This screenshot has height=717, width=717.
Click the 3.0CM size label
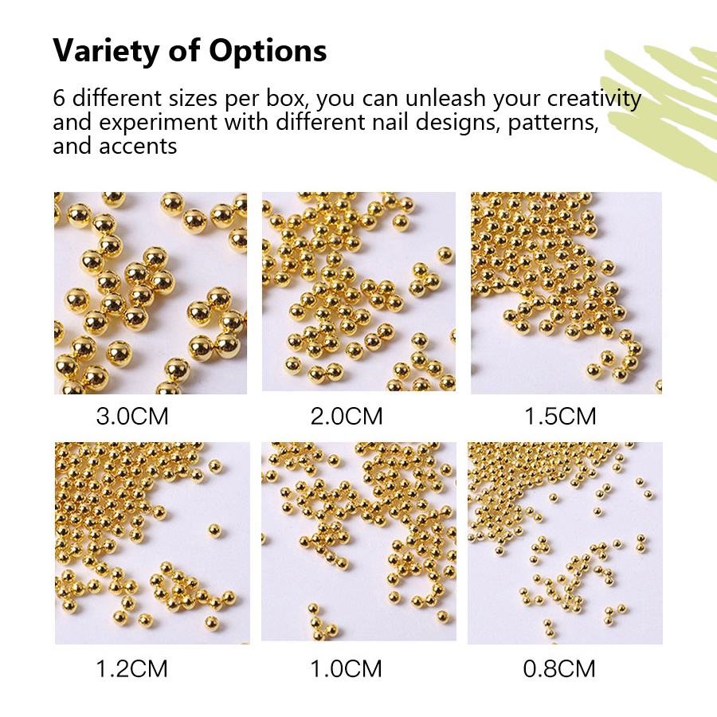point(132,416)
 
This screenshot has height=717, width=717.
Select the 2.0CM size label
point(347,416)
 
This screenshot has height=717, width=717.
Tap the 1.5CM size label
point(560,416)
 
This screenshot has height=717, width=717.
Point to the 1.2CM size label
point(131,668)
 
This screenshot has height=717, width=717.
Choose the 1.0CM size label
point(347,668)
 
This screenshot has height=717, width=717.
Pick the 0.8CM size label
point(559,668)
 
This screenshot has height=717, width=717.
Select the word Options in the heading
point(268,51)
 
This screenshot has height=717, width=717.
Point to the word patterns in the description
point(554,123)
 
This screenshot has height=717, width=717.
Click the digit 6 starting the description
point(59,99)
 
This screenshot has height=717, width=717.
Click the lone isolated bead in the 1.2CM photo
point(214,531)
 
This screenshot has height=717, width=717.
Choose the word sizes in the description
point(193,98)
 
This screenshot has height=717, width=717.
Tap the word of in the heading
point(185,51)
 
